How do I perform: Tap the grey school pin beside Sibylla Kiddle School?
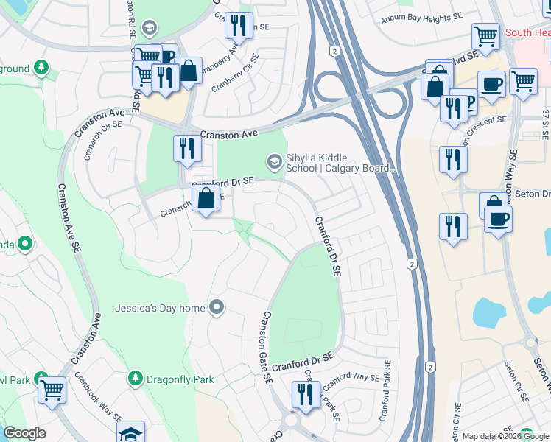coord(274,161)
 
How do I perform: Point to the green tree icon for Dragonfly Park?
coord(135,379)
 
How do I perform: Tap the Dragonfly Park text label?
coord(180,379)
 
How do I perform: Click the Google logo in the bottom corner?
coord(24,433)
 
